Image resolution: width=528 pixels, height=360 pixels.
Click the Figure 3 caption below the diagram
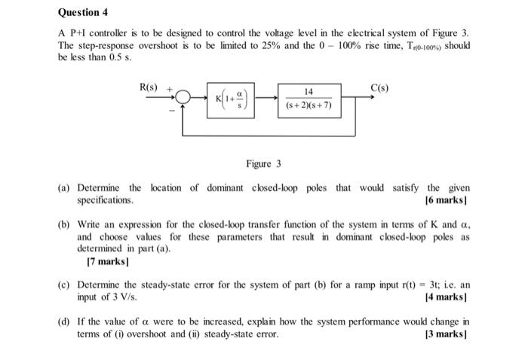pos(263,164)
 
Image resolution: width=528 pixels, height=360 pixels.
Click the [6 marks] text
pos(447,200)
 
